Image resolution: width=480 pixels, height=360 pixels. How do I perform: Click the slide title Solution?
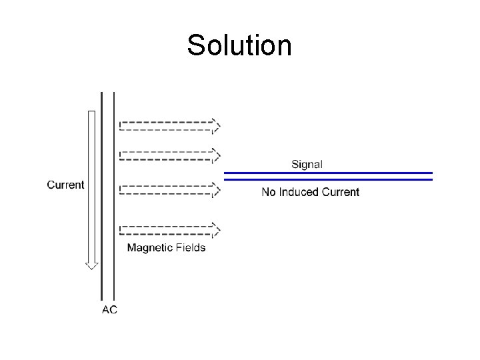[x=239, y=46]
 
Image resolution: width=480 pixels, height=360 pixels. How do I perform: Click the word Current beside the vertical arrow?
[x=65, y=185]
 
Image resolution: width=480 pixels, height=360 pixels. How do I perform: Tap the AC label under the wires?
[x=109, y=310]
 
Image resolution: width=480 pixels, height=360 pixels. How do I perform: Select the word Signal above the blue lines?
[x=307, y=164]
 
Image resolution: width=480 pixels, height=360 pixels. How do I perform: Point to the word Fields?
[x=191, y=248]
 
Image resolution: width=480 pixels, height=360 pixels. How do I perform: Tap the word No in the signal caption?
[x=269, y=192]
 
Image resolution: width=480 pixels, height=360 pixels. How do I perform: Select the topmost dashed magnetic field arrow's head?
[x=215, y=125]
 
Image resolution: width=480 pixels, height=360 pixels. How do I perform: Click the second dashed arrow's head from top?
[x=215, y=155]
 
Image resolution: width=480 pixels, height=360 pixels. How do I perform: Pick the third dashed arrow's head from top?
[x=215, y=190]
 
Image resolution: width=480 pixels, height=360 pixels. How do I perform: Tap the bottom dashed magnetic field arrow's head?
[x=215, y=229]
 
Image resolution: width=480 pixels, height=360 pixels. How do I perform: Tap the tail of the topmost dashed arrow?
[x=121, y=125]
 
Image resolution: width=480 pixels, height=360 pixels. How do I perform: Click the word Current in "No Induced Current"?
[x=341, y=192]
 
